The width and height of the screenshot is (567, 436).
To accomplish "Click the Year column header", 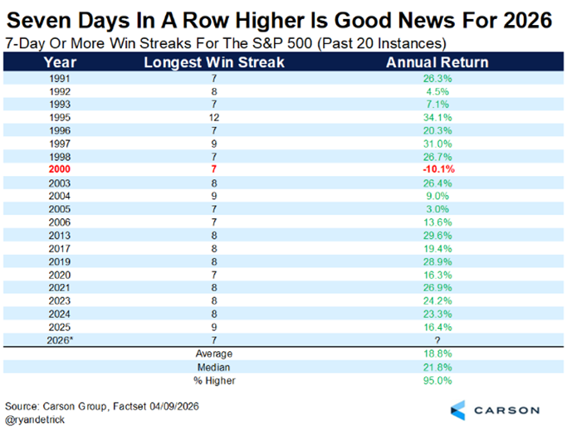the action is point(60,62).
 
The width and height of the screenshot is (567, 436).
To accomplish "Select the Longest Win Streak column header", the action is point(214,62).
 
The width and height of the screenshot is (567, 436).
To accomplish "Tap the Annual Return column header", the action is point(437,62).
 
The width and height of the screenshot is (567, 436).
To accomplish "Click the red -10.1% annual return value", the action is point(438,169).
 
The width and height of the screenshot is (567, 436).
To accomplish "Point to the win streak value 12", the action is point(214,118).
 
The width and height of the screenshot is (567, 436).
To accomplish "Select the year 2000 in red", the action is point(60,169).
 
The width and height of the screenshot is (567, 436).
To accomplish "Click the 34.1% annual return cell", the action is point(437,118).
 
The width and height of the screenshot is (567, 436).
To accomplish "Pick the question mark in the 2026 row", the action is point(437,340).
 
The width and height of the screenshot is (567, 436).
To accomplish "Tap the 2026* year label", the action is point(60,340).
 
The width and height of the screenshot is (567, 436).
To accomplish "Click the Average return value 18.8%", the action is point(437,354).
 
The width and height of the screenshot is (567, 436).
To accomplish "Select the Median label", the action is point(213,367).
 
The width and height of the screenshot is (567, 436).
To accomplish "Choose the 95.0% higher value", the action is point(437,380).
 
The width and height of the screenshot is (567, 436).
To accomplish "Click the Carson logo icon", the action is point(457,410).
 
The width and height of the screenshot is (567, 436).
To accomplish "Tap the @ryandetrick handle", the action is point(35,419).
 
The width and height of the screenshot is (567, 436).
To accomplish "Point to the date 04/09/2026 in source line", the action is point(174,406).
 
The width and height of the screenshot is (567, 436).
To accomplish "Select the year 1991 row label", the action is point(60,79).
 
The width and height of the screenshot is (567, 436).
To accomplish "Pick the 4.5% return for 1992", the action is point(437,91).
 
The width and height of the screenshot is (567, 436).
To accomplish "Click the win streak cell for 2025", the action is point(214,327).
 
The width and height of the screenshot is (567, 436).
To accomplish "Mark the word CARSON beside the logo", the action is point(507,410).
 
